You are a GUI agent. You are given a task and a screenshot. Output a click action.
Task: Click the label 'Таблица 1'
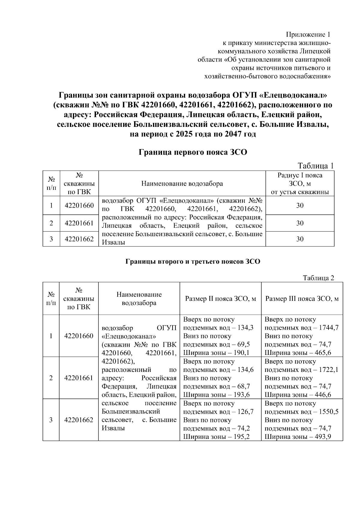pos(316,166)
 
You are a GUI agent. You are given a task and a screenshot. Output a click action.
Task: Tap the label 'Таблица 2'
pos(318,278)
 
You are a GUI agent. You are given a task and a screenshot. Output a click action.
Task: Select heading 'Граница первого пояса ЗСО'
pos(193,152)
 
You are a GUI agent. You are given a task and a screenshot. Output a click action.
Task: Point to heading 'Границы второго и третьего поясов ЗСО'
pos(193,262)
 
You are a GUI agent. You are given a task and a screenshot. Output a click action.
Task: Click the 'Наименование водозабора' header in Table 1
pos(182,184)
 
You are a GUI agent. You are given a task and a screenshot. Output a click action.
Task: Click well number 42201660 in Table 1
pos(79,205)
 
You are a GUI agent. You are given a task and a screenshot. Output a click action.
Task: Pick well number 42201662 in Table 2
pos(79,420)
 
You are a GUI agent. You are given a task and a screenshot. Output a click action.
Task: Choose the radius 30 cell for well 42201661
pos(300,223)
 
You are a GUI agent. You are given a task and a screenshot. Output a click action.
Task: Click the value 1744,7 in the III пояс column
pos(328,328)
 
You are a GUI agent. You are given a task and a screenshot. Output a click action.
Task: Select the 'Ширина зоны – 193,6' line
pos(216,395)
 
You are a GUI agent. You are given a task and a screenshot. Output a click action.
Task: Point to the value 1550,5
pos(328,412)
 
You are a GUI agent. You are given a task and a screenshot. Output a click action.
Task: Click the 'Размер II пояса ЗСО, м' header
pos(220,299)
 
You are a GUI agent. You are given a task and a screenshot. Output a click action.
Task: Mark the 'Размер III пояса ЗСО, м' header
pos(302,299)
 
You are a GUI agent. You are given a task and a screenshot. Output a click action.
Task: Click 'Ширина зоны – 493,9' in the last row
pos(298,437)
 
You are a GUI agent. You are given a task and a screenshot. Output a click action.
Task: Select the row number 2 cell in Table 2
pos(51,378)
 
